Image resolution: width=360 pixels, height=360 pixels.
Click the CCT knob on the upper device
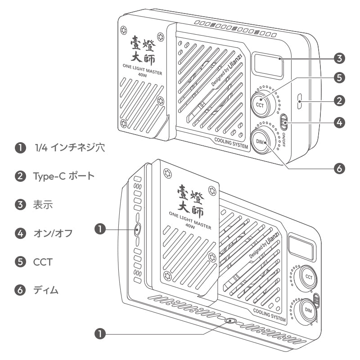260,104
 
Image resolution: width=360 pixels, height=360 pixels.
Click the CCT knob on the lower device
309,276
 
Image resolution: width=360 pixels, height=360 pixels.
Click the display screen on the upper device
267,64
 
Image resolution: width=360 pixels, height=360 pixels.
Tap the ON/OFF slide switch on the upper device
284,121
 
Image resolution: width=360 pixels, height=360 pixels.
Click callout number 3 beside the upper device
340,58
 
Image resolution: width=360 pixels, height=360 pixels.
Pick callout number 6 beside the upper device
340,168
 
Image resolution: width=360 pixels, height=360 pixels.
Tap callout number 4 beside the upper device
340,122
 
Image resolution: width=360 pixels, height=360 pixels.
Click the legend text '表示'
43,205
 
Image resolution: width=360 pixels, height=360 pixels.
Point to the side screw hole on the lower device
137,229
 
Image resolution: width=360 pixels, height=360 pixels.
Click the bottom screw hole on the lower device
231,321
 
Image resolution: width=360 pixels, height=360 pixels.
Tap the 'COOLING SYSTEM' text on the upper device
231,147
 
